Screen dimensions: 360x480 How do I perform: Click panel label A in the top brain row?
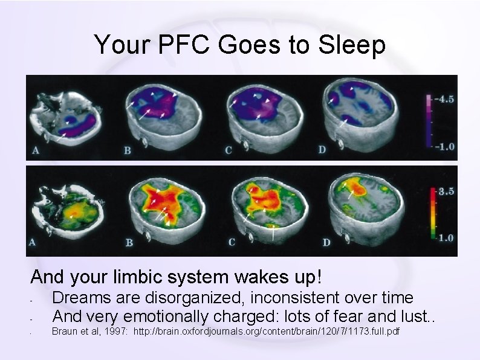(36, 150)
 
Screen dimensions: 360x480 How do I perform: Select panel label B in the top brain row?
(128, 150)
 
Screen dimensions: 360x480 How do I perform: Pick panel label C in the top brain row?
(228, 150)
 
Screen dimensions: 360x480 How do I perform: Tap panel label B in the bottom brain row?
(129, 243)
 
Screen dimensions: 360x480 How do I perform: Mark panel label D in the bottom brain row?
(326, 243)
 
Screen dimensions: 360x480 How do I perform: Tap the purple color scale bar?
(429, 121)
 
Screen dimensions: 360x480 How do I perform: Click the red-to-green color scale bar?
(430, 215)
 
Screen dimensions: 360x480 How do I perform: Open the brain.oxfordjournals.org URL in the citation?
(266, 332)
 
